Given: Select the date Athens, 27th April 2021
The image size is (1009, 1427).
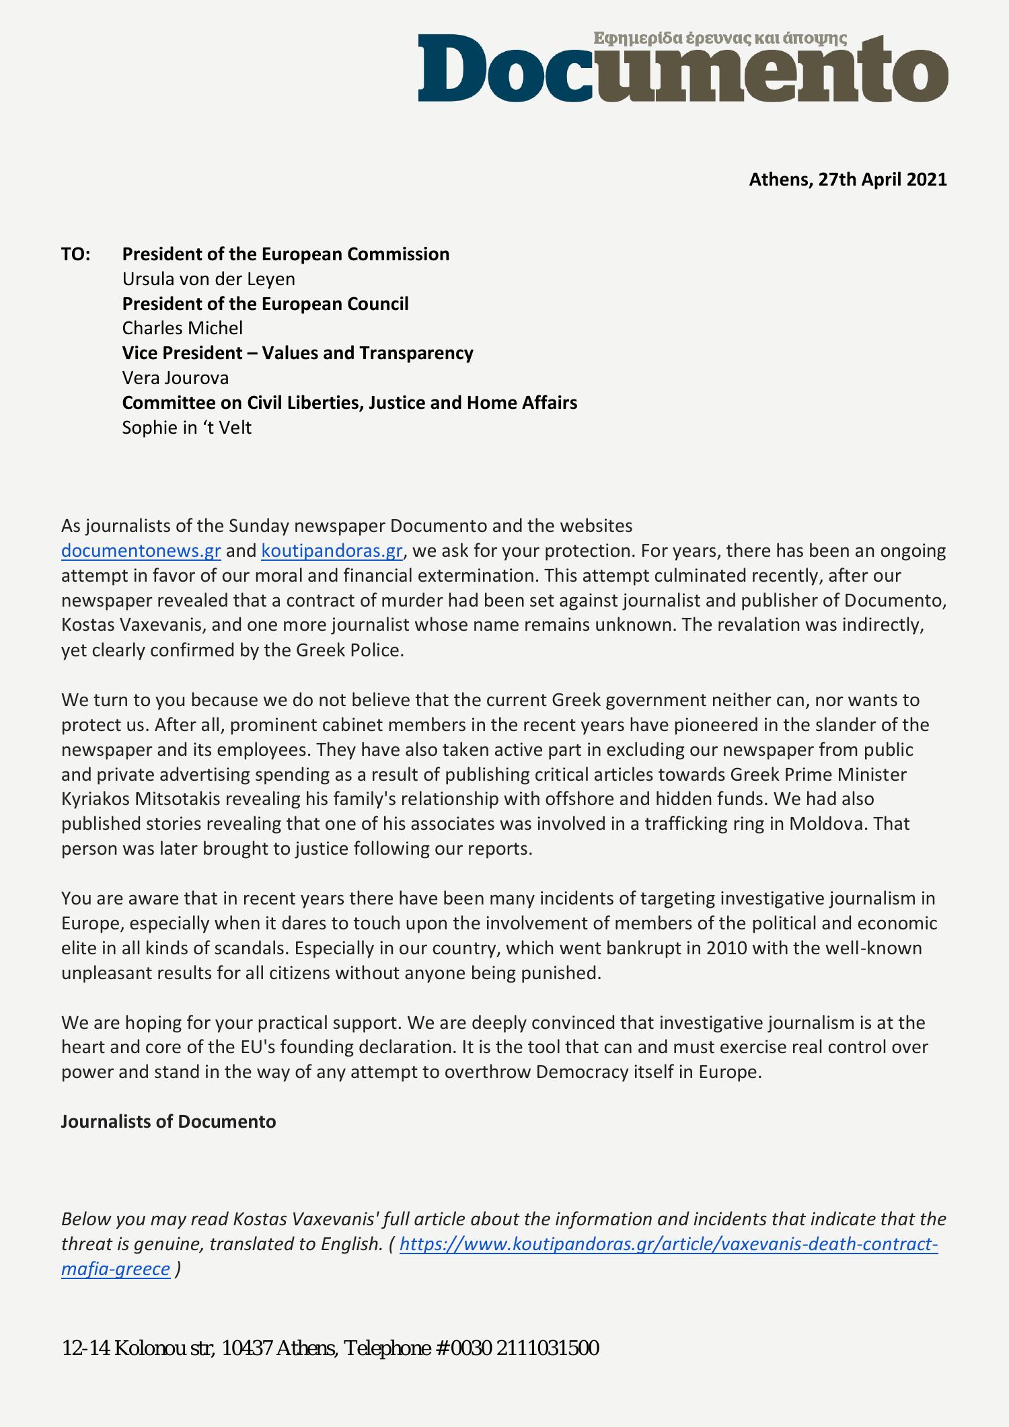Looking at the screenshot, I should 848,180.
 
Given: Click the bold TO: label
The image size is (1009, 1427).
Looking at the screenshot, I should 76,254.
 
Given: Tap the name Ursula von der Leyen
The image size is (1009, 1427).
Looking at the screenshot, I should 208,279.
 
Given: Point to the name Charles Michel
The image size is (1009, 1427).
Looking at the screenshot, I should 182,328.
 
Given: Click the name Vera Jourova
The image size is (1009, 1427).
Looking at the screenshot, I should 175,378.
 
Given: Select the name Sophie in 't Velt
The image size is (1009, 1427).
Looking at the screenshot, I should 186,428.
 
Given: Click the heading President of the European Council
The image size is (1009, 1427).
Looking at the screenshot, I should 265,304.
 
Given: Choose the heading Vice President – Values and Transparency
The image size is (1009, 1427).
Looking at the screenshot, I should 297,353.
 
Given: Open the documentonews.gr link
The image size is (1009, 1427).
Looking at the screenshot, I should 141,551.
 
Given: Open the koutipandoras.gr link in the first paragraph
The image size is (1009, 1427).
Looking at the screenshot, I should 332,551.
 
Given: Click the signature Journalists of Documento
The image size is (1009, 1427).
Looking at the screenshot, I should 168,1122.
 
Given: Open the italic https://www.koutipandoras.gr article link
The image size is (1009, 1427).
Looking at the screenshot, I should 668,1244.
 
